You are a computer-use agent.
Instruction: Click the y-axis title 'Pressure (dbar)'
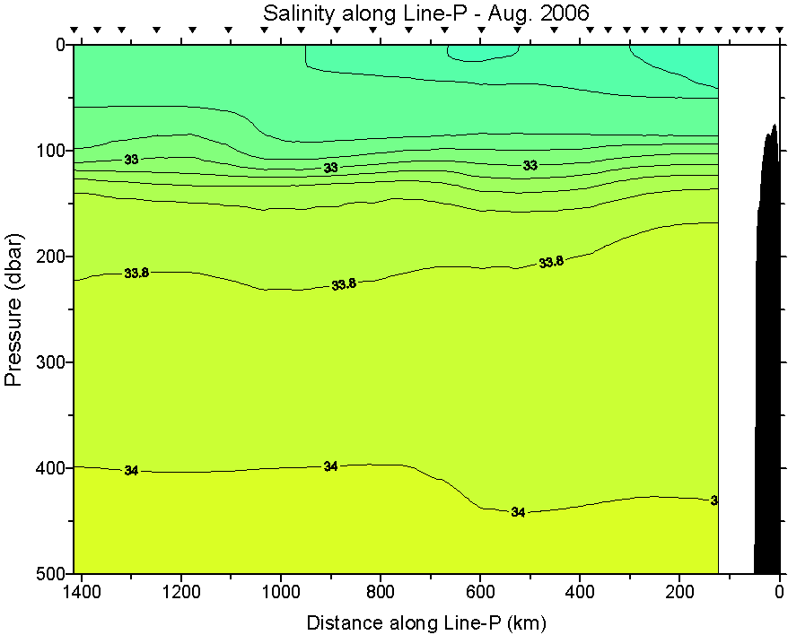pos(13,309)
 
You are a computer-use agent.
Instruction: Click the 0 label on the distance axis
pos(779,592)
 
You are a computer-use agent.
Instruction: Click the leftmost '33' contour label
pos(131,160)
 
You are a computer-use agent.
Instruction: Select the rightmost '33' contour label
pos(530,165)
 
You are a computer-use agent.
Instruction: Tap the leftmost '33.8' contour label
pos(136,273)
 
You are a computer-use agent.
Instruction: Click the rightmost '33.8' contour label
pos(551,262)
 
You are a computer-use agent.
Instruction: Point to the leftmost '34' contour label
pos(131,470)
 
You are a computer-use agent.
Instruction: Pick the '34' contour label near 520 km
pos(518,512)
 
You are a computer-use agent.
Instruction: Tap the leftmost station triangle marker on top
pos(75,30)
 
